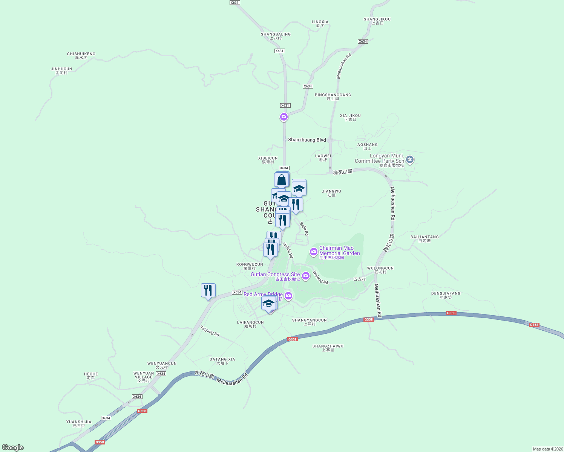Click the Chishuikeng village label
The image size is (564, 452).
[x=81, y=55]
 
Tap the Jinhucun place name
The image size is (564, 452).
[x=61, y=70]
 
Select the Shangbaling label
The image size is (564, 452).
[x=276, y=36]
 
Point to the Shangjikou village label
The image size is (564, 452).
[x=377, y=21]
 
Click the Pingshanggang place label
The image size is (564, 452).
[x=333, y=96]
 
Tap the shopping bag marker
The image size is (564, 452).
[x=282, y=180]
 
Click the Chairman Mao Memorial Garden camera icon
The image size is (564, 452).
[x=313, y=251]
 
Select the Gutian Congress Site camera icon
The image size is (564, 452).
[x=306, y=276]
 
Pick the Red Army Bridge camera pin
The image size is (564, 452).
[x=288, y=296]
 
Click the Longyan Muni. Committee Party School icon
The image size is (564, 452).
[x=410, y=160]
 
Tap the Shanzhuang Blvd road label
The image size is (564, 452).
[x=307, y=140]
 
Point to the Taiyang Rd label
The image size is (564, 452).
[x=210, y=331]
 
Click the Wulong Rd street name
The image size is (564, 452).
[x=320, y=278]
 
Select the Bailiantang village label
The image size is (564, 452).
[x=425, y=238]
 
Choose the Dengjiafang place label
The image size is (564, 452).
[x=446, y=295]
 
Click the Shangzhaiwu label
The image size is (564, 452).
[x=328, y=348]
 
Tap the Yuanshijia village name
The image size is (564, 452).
[x=79, y=423]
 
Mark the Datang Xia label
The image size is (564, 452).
[x=222, y=361]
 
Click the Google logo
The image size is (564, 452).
[x=13, y=447]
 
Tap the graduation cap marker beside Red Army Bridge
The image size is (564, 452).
[x=268, y=303]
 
